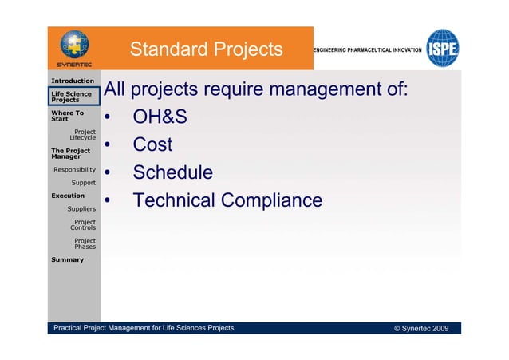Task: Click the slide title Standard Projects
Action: pos(206,50)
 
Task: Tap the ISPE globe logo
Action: pos(442,49)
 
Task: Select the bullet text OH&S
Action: pos(160,118)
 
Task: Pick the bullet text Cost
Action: pos(152,145)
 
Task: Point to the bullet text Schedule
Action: pos(172,172)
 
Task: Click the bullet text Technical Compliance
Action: pos(227,200)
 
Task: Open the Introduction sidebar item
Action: pos(73,81)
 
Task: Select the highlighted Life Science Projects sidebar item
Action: pos(72,97)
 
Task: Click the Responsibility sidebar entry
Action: pos(74,170)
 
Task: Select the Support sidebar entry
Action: pos(84,183)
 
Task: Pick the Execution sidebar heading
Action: pos(68,196)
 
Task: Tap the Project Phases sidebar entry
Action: pos(85,243)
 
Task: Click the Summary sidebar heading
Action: pos(67,259)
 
